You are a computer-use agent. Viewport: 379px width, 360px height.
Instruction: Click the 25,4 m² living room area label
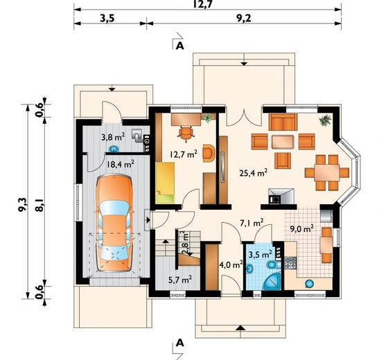[x=254, y=172]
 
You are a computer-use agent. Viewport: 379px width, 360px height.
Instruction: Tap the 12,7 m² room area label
[x=183, y=154]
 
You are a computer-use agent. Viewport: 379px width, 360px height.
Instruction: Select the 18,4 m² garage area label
[x=121, y=165]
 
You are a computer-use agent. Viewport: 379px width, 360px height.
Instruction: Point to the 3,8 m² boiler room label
[x=113, y=137]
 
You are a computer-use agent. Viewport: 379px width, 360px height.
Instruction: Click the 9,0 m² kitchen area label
[x=302, y=228]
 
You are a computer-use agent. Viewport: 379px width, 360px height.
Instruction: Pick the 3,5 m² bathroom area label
[x=261, y=255]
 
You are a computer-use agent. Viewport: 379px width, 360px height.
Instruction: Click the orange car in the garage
[x=114, y=224]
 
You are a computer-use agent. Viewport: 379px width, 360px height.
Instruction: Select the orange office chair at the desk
[x=186, y=134]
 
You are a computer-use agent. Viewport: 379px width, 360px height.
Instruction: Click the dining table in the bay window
[x=327, y=172]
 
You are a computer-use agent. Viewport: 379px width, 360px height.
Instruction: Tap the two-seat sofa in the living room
[x=283, y=122]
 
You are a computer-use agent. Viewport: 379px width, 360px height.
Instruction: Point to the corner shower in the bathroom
[x=273, y=282]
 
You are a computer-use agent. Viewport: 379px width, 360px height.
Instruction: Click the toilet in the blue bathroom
[x=273, y=265]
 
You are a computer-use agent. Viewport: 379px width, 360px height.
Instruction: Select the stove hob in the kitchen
[x=290, y=263]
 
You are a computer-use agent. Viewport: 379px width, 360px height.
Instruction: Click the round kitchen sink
[x=309, y=283]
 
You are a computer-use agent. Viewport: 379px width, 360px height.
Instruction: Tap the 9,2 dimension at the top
[x=244, y=19]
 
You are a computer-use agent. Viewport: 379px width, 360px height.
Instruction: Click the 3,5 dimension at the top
[x=107, y=19]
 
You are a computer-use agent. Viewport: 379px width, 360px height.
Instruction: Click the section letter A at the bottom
[x=179, y=343]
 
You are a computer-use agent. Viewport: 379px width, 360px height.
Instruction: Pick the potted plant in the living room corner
[x=326, y=120]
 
